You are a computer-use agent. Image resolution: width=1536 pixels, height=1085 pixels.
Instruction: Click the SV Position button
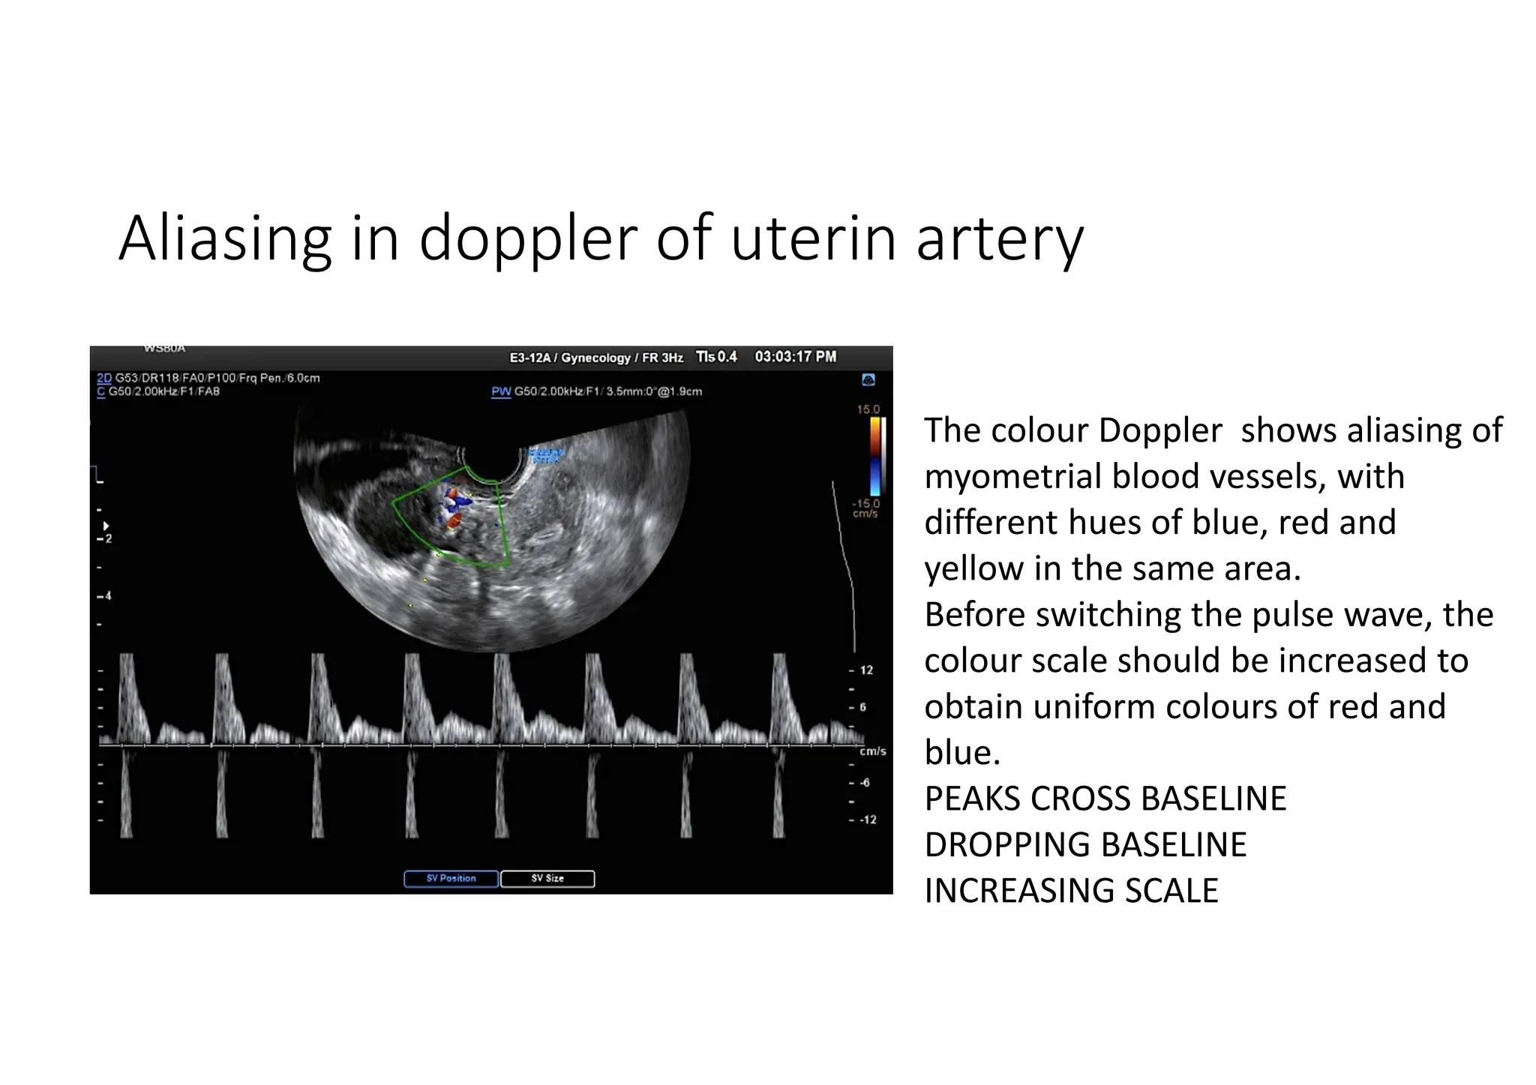(451, 878)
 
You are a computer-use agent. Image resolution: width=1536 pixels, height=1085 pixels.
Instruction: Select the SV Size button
(547, 878)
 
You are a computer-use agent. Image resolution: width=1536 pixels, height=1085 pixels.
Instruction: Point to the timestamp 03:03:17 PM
(795, 357)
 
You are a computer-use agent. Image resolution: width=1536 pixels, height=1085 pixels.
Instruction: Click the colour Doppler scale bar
(875, 456)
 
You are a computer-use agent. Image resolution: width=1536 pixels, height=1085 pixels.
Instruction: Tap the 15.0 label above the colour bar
(868, 409)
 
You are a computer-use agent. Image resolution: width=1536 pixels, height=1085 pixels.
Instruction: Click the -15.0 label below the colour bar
(865, 504)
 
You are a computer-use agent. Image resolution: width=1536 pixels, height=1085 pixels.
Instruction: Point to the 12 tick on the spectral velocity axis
(866, 670)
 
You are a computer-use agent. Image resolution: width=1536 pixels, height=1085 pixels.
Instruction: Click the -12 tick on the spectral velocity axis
(867, 820)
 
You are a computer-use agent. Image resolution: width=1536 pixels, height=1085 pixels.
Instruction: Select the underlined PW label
(501, 391)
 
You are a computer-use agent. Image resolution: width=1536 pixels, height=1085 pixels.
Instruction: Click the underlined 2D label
(104, 378)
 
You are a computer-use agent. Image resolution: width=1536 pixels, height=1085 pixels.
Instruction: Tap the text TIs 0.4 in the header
(716, 357)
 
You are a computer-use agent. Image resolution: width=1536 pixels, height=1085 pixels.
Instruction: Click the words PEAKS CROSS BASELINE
(1105, 799)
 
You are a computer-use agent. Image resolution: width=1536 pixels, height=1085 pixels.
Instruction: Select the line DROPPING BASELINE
(1085, 845)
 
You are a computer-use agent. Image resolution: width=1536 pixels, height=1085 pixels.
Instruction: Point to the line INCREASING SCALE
(1071, 891)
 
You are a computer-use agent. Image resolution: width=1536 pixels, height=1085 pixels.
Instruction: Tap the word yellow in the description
(973, 569)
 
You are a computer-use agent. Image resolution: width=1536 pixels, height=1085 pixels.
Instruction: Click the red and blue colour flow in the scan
(452, 507)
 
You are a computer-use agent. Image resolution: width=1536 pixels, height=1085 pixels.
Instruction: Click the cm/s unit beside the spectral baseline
(872, 751)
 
